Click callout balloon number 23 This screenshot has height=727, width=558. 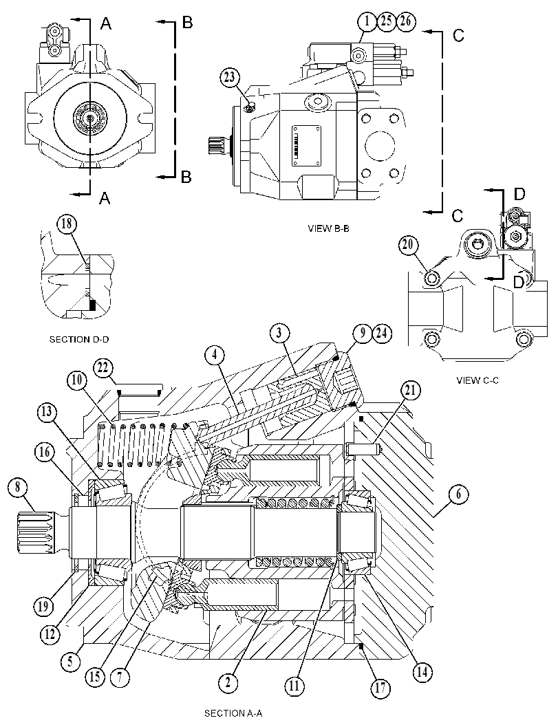tap(230, 77)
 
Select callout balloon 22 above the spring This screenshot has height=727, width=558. tap(103, 368)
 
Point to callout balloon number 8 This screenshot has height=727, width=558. tap(18, 487)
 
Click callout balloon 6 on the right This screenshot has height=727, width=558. tap(458, 494)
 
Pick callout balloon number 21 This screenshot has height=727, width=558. tap(411, 391)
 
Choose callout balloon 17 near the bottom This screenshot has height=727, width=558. tap(380, 688)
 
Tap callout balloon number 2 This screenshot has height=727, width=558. tap(228, 682)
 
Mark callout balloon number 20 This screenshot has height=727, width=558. tap(408, 245)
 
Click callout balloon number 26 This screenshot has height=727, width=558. tap(405, 21)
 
